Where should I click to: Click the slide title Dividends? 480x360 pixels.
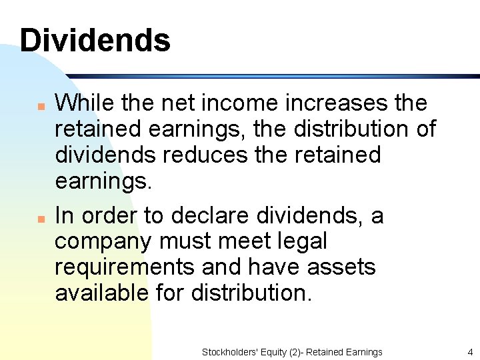point(95,41)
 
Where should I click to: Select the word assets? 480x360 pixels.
point(341,267)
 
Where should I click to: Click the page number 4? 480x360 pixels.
point(470,352)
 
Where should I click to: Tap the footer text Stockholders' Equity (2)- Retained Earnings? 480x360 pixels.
point(292,352)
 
